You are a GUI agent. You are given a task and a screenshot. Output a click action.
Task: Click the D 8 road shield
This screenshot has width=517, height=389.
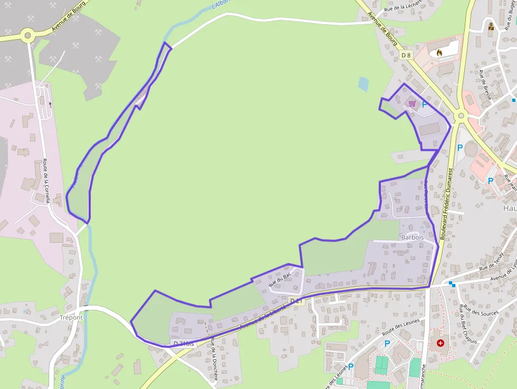405,55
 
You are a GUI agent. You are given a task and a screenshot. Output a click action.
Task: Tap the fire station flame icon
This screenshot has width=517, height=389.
439,52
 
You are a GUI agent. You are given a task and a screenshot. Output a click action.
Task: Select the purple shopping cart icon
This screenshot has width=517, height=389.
412,104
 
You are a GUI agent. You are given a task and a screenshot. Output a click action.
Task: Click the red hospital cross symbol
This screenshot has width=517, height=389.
440,343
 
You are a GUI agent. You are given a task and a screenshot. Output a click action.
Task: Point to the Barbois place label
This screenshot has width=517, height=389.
412,238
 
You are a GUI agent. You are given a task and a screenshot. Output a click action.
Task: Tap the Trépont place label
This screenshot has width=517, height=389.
71,317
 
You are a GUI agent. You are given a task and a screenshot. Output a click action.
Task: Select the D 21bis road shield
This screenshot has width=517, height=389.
184,344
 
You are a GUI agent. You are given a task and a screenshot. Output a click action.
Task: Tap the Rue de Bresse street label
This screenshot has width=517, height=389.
485,84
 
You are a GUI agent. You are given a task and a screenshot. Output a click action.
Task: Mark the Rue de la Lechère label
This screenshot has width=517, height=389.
403,5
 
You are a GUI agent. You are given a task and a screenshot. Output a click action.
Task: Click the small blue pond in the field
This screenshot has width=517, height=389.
363,84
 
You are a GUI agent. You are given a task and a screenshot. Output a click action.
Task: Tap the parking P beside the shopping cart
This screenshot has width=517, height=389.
424,105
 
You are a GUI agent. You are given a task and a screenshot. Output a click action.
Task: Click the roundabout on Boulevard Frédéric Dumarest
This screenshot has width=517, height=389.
461,115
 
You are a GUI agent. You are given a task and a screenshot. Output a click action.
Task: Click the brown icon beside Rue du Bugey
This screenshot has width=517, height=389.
491,26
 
